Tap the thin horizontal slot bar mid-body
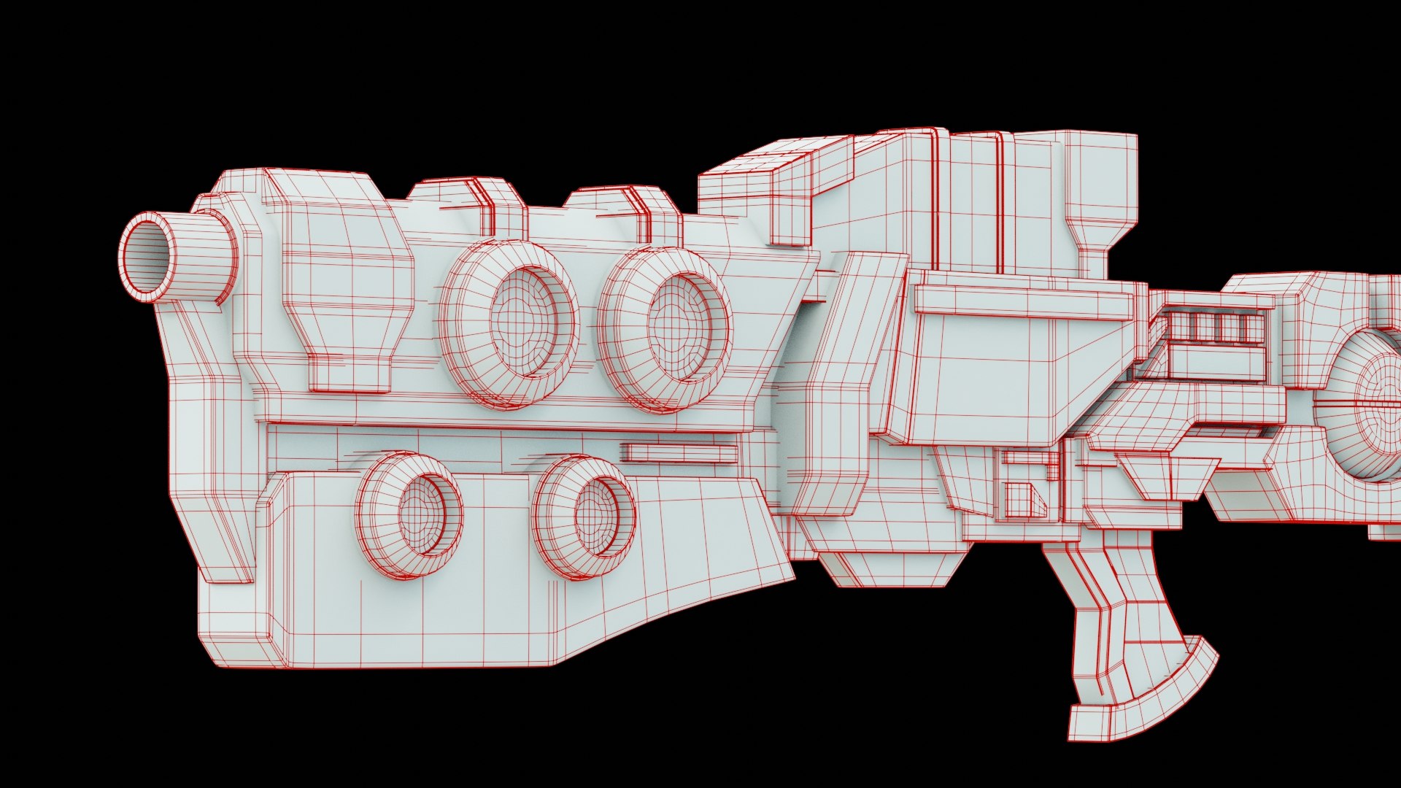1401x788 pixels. click(x=679, y=453)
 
